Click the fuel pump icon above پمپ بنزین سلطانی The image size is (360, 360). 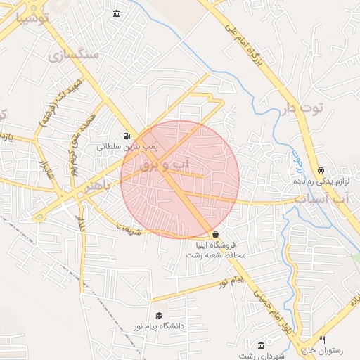[126, 136]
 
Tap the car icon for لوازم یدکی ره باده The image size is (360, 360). [321, 170]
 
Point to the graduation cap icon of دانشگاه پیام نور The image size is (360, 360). [159, 315]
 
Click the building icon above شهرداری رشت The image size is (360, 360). [262, 345]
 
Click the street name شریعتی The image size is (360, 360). [128, 226]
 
